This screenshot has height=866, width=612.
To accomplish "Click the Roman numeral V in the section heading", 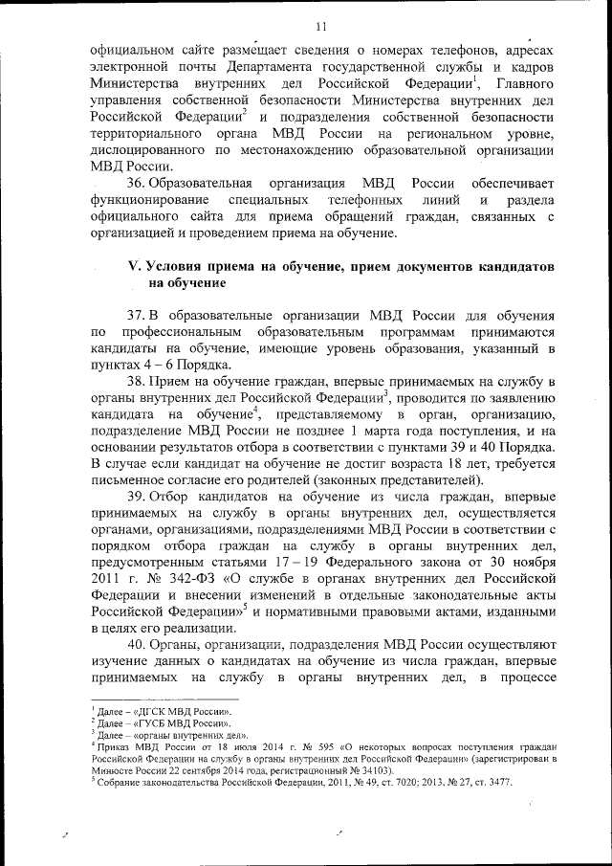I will tap(134, 266).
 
